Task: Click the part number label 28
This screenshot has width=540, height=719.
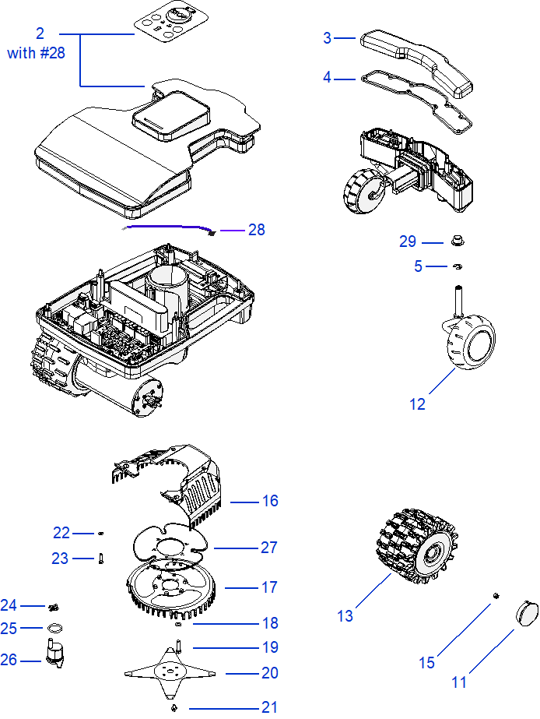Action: coord(256,230)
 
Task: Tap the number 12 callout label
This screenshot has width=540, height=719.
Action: coord(418,404)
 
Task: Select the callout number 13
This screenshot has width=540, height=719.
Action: coord(345,616)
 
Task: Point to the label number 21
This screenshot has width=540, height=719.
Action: coord(269,707)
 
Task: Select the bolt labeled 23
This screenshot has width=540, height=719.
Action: coord(101,559)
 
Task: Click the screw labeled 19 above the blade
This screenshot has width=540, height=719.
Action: coord(179,646)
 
